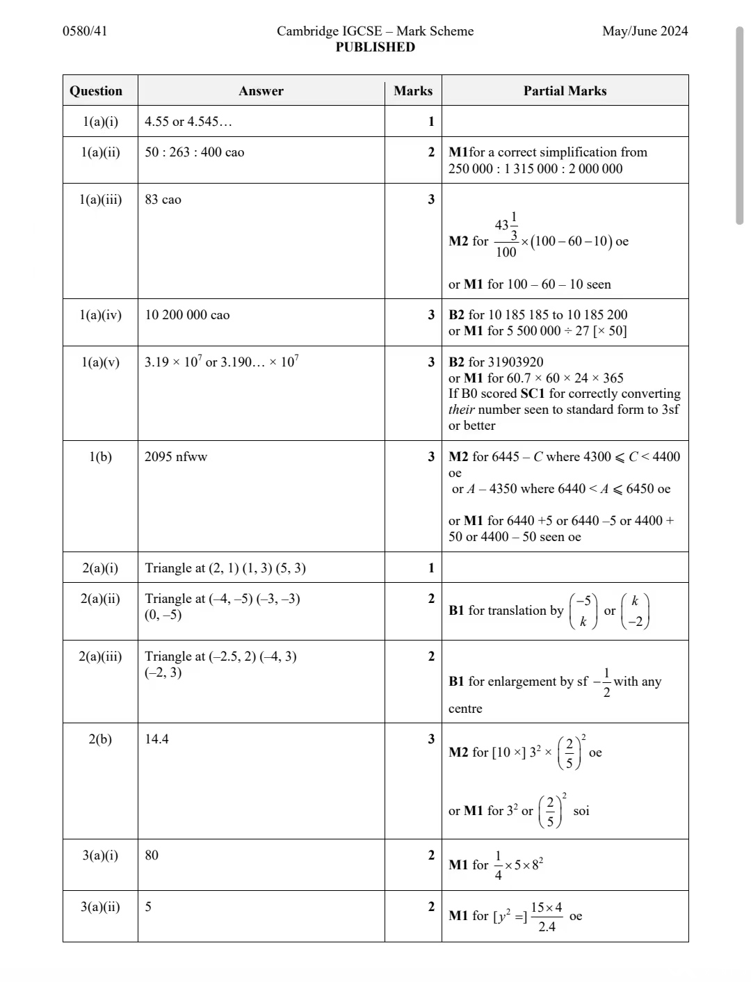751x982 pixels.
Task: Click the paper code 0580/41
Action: click(x=85, y=31)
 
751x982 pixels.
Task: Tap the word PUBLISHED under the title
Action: click(x=375, y=47)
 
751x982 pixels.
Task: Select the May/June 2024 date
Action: click(x=645, y=31)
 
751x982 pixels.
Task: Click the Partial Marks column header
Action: click(x=565, y=91)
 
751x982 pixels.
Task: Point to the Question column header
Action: click(x=96, y=91)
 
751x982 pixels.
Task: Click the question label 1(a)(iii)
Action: click(x=100, y=200)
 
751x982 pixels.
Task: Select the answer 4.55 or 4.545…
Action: click(x=188, y=122)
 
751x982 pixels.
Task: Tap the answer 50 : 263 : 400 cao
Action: click(x=194, y=152)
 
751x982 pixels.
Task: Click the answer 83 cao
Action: click(x=163, y=200)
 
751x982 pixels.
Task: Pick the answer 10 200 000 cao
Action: click(x=187, y=315)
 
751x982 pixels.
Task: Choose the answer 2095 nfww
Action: click(x=176, y=457)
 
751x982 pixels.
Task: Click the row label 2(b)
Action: click(x=100, y=739)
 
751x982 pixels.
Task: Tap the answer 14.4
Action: click(x=156, y=739)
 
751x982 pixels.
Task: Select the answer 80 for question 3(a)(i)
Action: click(x=152, y=855)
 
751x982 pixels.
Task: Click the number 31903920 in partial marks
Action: click(x=516, y=362)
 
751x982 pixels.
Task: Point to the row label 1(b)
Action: click(x=100, y=457)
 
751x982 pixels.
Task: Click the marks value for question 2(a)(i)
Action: click(x=430, y=568)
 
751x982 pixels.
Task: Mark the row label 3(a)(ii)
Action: click(x=100, y=907)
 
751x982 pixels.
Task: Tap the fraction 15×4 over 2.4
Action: click(x=547, y=917)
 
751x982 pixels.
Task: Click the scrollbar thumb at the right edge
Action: click(x=739, y=125)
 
